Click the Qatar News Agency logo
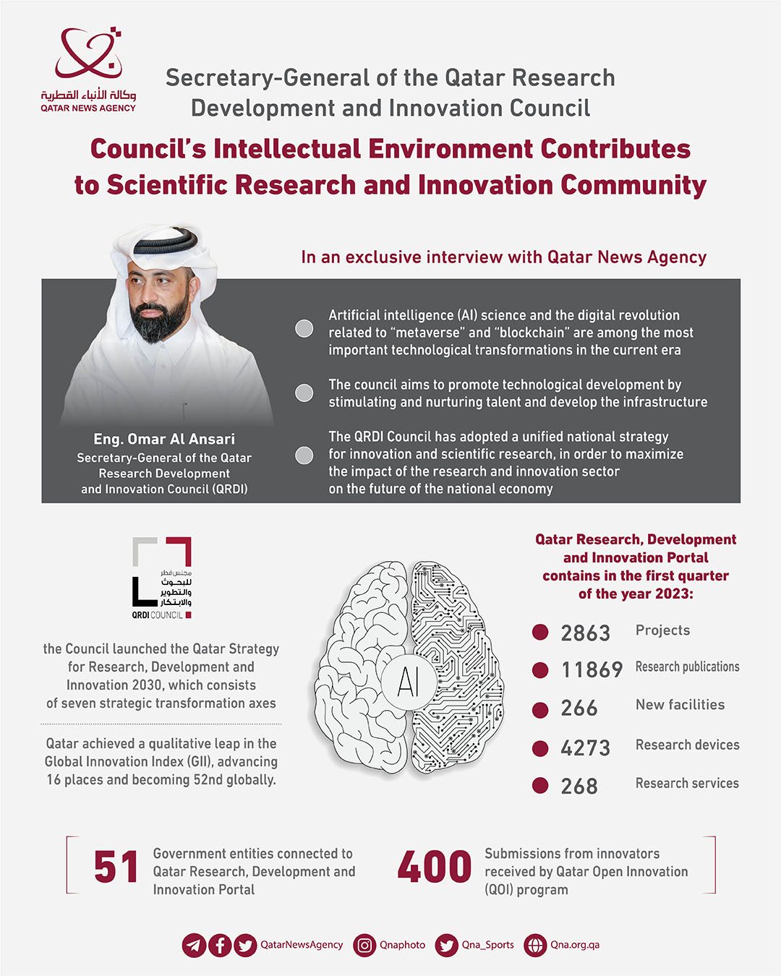pos(88,69)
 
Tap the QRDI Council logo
pos(162,578)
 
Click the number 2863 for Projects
pos(585,633)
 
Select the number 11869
pos(592,670)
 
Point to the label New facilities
pos(680,705)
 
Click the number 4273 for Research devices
pos(585,748)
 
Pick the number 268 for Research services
pos(579,787)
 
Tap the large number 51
pos(116,868)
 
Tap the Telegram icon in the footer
pos(194,945)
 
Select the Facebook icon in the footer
pos(220,945)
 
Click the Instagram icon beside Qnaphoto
pos(365,945)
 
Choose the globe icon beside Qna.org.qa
pos(535,945)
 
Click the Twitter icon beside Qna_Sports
pos(447,945)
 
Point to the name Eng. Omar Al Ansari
pos(164,439)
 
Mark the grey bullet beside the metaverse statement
pos(304,328)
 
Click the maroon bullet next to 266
pos(540,710)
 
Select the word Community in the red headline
pos(633,185)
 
